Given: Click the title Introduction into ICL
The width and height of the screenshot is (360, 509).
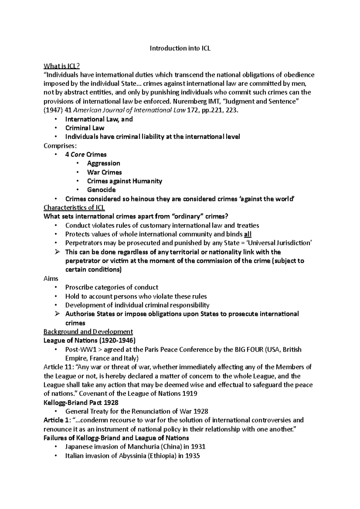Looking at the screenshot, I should [x=180, y=48].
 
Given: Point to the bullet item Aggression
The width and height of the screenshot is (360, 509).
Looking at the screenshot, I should [x=103, y=163].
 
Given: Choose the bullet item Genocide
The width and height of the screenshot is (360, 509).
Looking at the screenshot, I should [x=101, y=190].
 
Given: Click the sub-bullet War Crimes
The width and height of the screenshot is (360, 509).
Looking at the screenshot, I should [x=104, y=172].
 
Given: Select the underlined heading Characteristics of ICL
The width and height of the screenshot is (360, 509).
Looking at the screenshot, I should [x=74, y=207].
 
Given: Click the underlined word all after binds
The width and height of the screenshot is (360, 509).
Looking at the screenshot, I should [x=248, y=234].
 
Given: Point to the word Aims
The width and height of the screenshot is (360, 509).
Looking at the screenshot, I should [x=51, y=278].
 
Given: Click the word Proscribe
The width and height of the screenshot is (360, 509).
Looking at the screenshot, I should [x=79, y=287].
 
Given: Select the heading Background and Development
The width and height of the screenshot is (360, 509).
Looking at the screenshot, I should [x=88, y=332].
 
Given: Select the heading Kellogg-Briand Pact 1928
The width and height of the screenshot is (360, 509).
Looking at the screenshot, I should [x=81, y=403].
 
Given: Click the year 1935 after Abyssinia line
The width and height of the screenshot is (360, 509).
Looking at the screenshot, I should [x=193, y=456].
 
